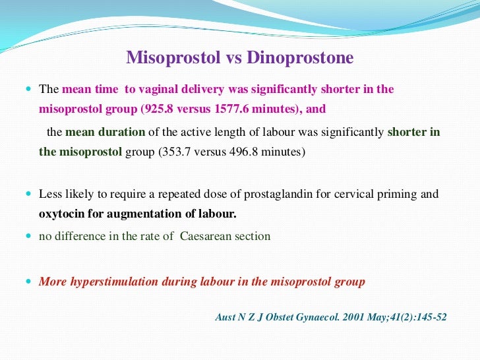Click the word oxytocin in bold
61,214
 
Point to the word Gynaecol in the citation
301,317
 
